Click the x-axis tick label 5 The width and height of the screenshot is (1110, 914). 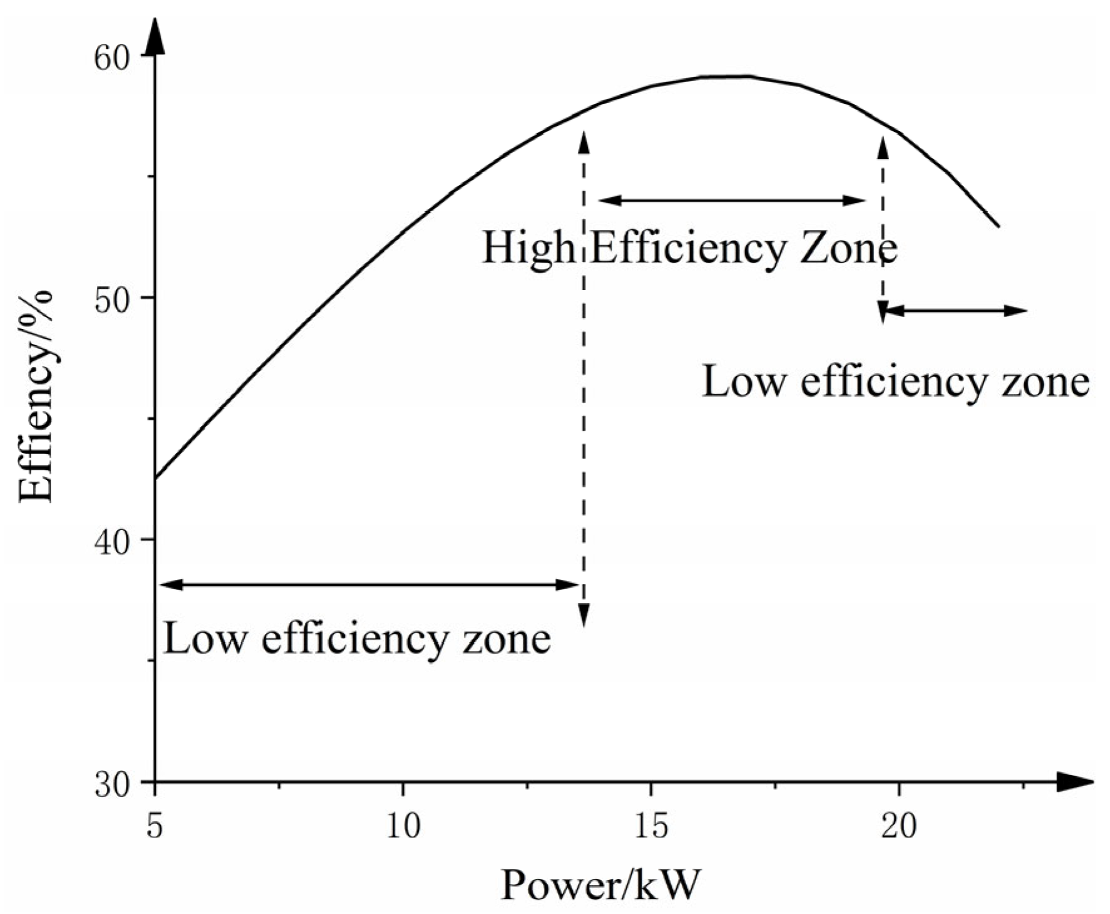click(155, 825)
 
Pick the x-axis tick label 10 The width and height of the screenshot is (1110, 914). click(403, 825)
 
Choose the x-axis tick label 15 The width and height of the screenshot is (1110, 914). click(651, 825)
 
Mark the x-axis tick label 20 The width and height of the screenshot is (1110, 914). click(899, 825)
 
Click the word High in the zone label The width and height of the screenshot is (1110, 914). click(527, 248)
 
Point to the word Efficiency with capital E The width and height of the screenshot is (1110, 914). click(687, 249)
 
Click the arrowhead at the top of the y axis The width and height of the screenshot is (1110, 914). click(155, 41)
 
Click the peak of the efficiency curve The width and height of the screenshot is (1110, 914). click(726, 76)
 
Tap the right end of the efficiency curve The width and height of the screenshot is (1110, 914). click(999, 226)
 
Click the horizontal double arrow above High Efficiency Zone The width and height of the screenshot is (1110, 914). click(732, 200)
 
